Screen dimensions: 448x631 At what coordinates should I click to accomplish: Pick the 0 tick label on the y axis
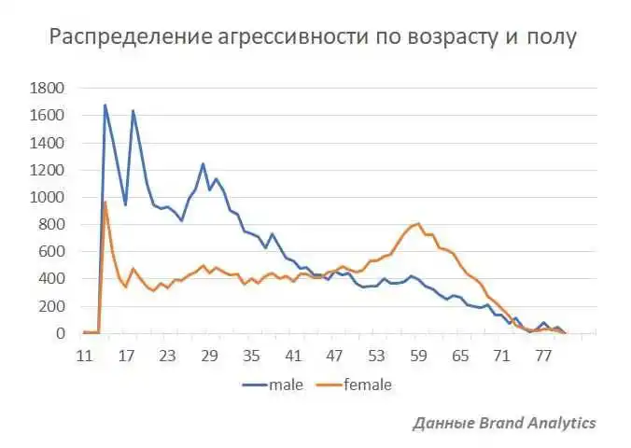pyautogui.click(x=60, y=333)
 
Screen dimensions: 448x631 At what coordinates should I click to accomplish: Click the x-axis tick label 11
pyautogui.click(x=85, y=356)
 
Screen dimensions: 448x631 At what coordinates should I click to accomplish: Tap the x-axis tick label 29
pyautogui.click(x=210, y=356)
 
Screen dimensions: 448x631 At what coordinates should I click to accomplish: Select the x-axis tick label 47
pyautogui.click(x=335, y=356)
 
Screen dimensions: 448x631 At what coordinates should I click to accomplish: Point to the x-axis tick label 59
pyautogui.click(x=418, y=356)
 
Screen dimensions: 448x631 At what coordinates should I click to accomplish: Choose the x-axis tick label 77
pyautogui.click(x=543, y=356)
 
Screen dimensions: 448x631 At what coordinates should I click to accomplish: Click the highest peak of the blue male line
pyautogui.click(x=105, y=105)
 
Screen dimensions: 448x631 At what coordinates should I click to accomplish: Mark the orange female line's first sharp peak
pyautogui.click(x=105, y=202)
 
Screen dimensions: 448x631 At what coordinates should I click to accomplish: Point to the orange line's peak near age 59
pyautogui.click(x=418, y=224)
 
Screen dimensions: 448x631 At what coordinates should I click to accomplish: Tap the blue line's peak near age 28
pyautogui.click(x=203, y=164)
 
